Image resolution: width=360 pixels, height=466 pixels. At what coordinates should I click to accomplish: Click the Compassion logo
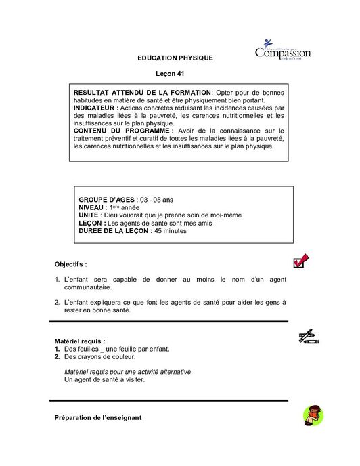pyautogui.click(x=283, y=50)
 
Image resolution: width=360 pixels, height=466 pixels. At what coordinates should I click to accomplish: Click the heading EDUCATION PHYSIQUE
pyautogui.click(x=175, y=58)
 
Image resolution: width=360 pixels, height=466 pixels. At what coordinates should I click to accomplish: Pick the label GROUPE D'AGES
pyautogui.click(x=107, y=200)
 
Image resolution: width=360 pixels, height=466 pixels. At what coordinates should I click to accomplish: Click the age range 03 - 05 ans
pyautogui.click(x=156, y=200)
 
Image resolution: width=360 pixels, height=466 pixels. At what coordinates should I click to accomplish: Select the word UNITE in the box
pyautogui.click(x=88, y=215)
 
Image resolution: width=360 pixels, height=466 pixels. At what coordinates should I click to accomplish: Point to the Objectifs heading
pyautogui.click(x=70, y=264)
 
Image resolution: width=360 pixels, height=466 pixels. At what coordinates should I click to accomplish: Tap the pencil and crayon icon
pyautogui.click(x=309, y=337)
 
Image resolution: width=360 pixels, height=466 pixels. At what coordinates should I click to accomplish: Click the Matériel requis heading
pyautogui.click(x=79, y=341)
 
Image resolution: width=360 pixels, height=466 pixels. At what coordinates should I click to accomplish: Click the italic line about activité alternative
pyautogui.click(x=127, y=372)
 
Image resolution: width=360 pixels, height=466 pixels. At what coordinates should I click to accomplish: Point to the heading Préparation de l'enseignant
pyautogui.click(x=98, y=418)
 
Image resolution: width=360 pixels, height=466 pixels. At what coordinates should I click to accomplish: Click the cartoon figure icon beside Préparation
pyautogui.click(x=312, y=415)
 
